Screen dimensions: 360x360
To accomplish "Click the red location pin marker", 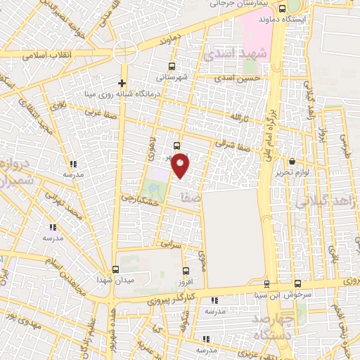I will tap(181, 165).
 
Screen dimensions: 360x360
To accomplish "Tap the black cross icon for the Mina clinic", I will tap(122, 84).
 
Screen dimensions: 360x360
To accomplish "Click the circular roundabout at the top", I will tap(126, 51).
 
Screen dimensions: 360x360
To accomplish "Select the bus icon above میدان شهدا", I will tap(115, 269).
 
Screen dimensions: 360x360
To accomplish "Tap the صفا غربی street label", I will tap(99, 112).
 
